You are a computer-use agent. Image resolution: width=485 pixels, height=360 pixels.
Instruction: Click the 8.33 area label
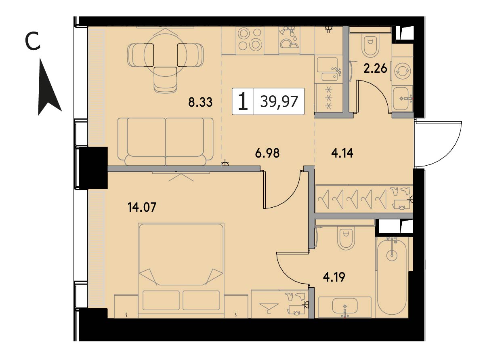pyautogui.click(x=200, y=102)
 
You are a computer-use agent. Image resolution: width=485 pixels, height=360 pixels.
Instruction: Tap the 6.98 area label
pyautogui.click(x=267, y=153)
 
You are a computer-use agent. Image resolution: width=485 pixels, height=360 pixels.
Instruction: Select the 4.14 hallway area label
pyautogui.click(x=342, y=153)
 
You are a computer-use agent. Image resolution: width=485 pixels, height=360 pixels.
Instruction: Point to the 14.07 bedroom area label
pyautogui.click(x=142, y=207)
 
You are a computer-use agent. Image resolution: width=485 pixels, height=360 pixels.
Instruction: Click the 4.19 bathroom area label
pyautogui.click(x=334, y=277)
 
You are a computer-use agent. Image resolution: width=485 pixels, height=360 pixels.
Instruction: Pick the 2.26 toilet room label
pyautogui.click(x=375, y=68)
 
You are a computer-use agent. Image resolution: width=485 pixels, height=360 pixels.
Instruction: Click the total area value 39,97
pyautogui.click(x=279, y=101)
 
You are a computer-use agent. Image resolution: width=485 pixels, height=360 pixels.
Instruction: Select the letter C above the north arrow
pyautogui.click(x=33, y=41)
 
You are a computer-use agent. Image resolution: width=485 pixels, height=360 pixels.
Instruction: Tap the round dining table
pyautogui.click(x=165, y=55)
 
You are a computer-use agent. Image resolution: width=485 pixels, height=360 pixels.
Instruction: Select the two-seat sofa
pyautogui.click(x=165, y=141)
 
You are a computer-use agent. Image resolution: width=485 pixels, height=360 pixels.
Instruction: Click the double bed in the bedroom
pyautogui.click(x=181, y=270)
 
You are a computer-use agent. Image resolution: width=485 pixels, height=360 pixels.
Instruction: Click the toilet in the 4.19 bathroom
pyautogui.click(x=346, y=238)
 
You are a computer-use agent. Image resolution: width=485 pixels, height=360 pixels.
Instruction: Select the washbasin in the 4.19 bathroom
pyautogui.click(x=345, y=307)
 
